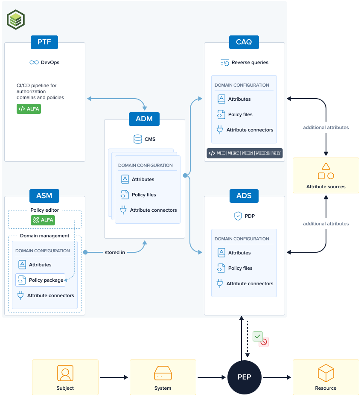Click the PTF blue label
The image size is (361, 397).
coord(44,42)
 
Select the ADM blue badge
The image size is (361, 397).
coord(144,119)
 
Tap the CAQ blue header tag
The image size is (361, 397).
coord(244,42)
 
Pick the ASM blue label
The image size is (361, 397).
coord(44,196)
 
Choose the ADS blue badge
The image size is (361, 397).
coord(244,196)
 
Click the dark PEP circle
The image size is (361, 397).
coord(245,377)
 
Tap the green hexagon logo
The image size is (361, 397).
coord(16,20)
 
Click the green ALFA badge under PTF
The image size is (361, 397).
coord(29,109)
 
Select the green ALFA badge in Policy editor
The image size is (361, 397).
coord(43,220)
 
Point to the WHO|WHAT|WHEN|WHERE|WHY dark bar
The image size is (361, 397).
coord(245,153)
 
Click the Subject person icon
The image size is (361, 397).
coord(65,373)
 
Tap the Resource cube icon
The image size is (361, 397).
coord(326,373)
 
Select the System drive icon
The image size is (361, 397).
coord(163,373)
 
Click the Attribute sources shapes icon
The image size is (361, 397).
coord(326,171)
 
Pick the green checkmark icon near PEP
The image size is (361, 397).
coord(257,336)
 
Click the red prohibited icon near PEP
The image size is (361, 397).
coord(264,342)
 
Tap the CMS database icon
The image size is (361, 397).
coord(138,139)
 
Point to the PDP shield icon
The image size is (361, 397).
coord(238,216)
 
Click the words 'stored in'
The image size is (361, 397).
coord(115,252)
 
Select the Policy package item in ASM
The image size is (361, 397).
coord(41,280)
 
